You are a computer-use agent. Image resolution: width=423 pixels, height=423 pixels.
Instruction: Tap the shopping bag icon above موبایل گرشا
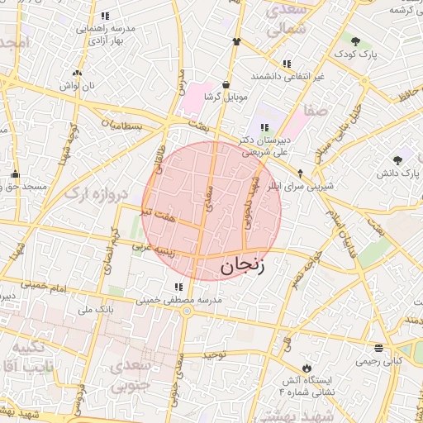226,84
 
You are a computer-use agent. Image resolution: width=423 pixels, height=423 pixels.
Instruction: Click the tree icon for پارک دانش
398,160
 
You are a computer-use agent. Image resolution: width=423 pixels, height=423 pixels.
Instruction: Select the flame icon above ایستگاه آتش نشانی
306,368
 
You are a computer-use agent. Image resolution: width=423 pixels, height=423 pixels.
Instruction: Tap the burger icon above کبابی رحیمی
378,348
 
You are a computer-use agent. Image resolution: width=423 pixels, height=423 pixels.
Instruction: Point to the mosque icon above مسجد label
15,174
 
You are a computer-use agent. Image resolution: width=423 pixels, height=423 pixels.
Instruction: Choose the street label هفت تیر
159,215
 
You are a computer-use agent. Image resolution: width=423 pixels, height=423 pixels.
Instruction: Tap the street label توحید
214,354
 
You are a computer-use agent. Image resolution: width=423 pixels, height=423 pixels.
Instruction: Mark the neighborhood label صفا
316,109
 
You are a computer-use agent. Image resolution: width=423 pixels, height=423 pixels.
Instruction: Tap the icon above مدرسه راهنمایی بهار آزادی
105,16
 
